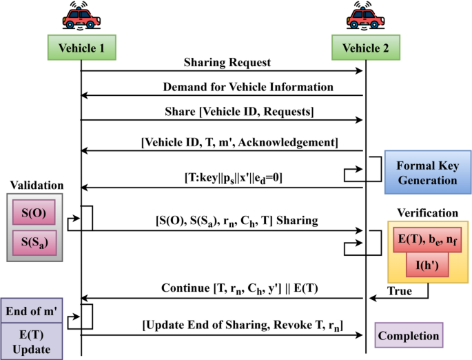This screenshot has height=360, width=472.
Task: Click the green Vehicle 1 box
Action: [81, 48]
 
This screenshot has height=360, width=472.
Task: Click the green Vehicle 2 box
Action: [365, 48]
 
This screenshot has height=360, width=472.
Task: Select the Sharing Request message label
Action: [227, 63]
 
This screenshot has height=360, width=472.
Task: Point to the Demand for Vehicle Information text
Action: [248, 88]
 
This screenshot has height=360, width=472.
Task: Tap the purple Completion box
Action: [409, 336]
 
